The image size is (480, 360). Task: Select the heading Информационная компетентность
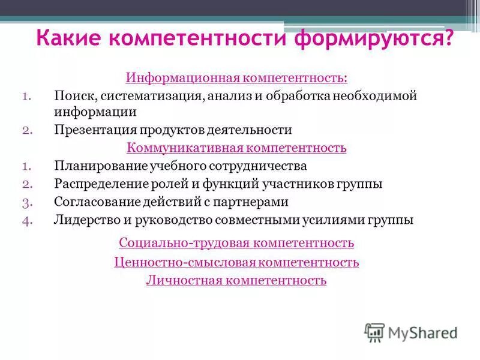(236, 79)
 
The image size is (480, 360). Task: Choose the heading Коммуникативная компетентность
(236, 148)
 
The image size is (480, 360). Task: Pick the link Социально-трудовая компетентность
(236, 243)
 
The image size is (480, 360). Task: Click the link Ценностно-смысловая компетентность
(236, 262)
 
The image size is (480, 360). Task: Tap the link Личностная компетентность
(236, 280)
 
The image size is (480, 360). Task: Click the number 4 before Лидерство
(25, 220)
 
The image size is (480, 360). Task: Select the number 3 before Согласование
(25, 202)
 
